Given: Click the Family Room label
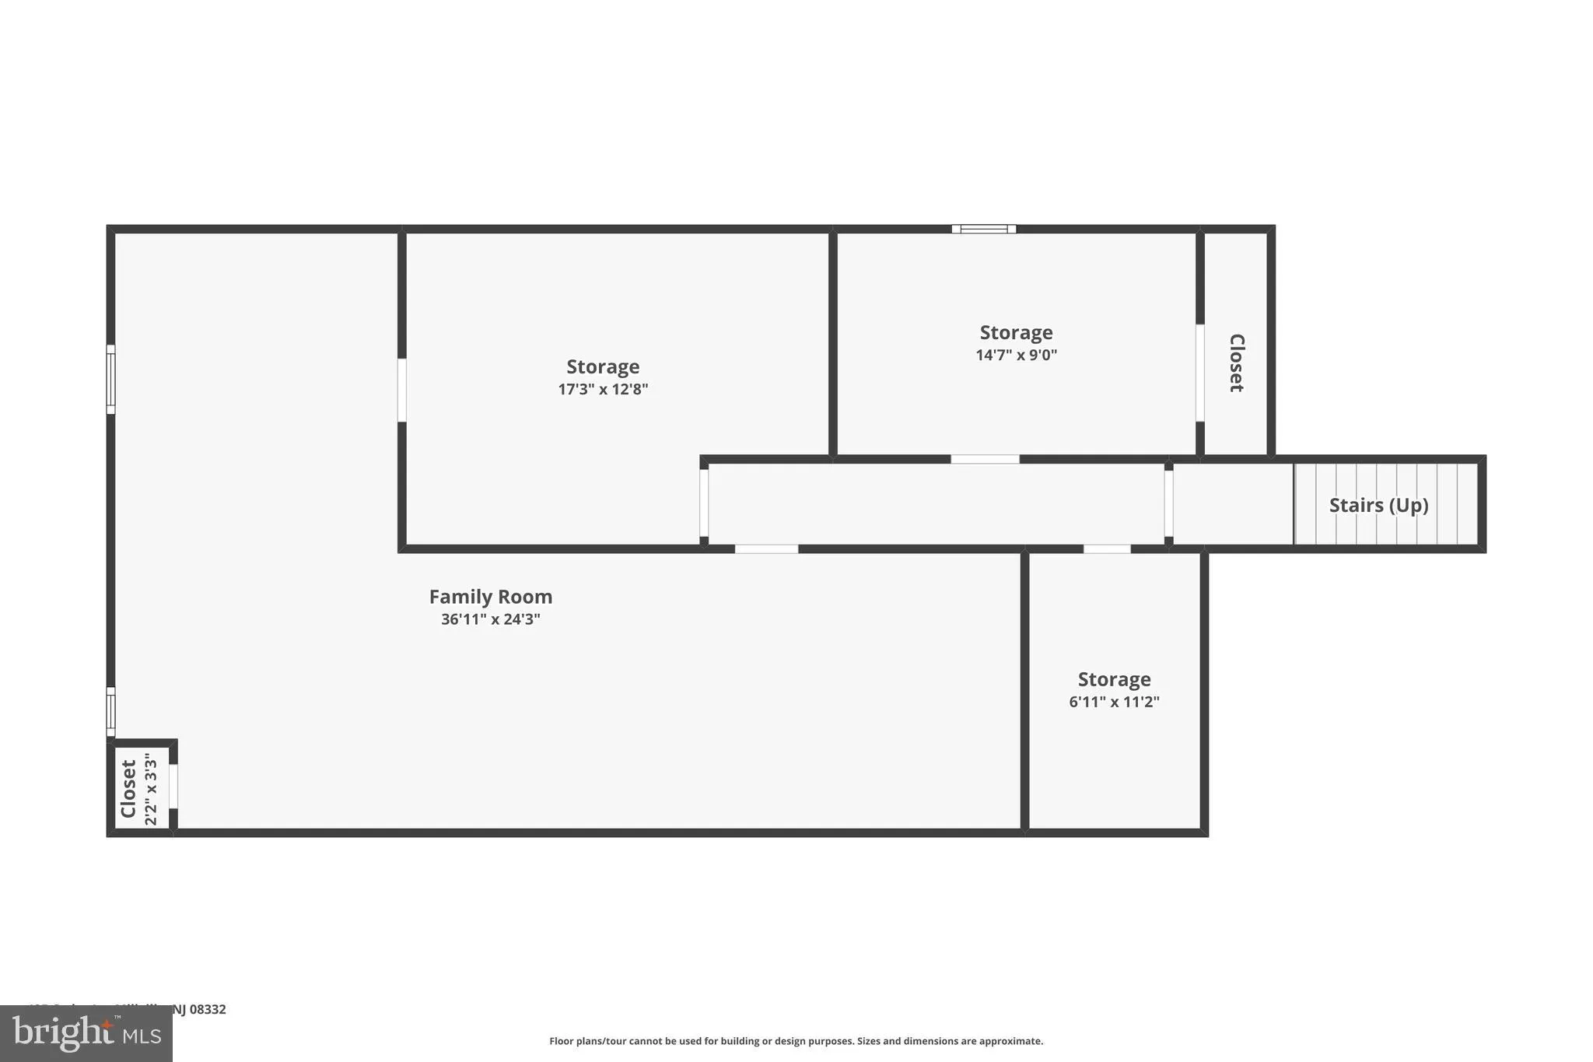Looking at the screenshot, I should [491, 597].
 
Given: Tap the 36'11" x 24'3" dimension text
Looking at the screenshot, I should [491, 619].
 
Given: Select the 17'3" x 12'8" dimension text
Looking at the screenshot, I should [603, 389].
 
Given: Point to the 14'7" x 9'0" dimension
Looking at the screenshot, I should [1016, 355].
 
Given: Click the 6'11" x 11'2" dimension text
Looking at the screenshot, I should [1114, 702].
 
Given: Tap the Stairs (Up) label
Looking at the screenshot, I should [1378, 505].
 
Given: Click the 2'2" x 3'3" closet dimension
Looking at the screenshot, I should [151, 787].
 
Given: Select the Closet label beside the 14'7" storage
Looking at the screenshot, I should [1236, 363].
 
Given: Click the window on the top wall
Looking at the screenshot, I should [984, 229].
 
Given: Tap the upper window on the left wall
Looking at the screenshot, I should [111, 380].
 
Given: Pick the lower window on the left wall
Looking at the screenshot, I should [111, 711].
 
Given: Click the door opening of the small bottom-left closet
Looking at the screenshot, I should [173, 786].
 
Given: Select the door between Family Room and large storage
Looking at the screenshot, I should [402, 390].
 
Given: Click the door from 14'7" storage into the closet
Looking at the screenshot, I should [1200, 373].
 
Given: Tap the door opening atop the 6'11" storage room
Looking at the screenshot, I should [1107, 549].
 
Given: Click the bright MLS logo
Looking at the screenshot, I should [86, 1033].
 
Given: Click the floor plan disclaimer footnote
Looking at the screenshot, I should [796, 1041].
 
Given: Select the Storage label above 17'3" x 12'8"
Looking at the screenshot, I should [603, 366].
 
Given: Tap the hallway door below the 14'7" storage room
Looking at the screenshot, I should [985, 459].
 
